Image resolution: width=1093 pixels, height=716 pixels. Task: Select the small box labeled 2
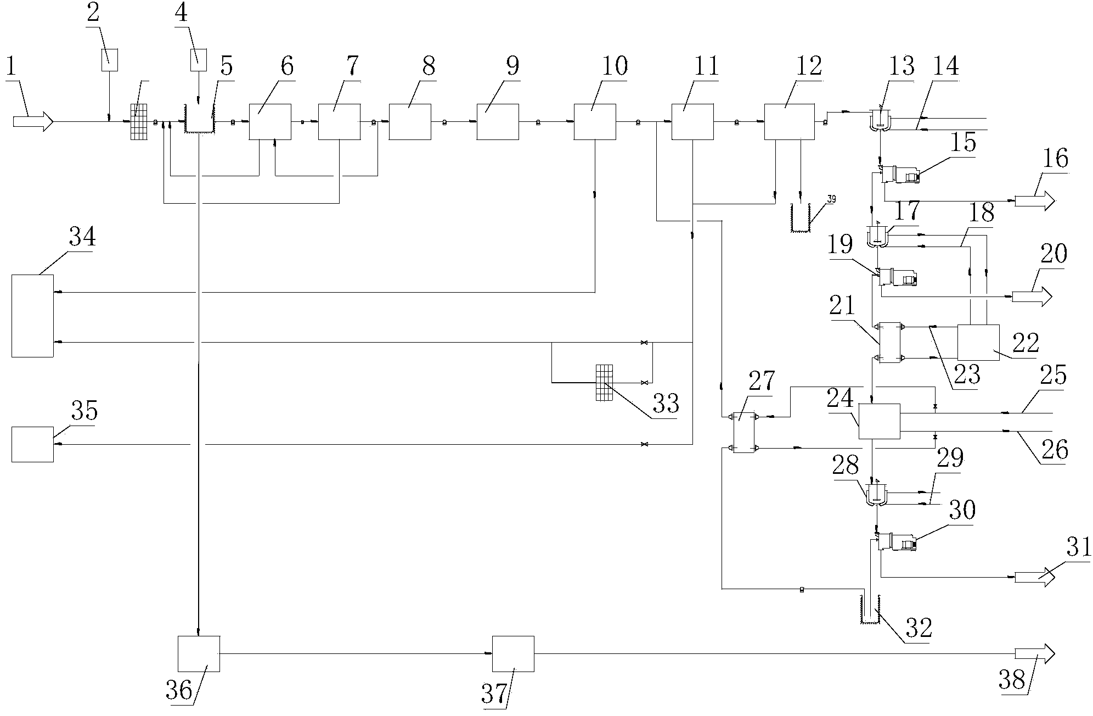point(110,59)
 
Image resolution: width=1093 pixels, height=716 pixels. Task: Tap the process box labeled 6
point(270,121)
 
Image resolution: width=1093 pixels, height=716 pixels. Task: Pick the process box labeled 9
point(497,121)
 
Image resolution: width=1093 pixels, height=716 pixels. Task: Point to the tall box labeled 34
point(32,316)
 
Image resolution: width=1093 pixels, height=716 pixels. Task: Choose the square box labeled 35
point(32,444)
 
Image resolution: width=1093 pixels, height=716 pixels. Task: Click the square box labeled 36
point(199,653)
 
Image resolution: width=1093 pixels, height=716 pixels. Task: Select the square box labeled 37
point(512,653)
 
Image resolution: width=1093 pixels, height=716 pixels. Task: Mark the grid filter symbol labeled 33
point(604,383)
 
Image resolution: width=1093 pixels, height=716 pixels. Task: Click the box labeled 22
point(978,342)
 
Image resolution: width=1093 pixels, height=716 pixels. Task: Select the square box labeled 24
point(879,421)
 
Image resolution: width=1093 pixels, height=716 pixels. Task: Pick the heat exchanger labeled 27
point(743,433)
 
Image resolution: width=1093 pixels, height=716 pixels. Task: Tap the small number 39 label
point(831,199)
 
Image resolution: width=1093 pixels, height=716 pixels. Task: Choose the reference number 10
point(615,67)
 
